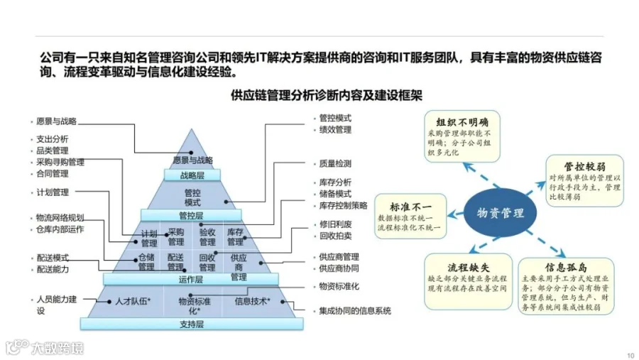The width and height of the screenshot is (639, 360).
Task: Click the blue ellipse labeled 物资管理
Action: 500,212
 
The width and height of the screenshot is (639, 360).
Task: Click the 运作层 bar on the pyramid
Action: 191,279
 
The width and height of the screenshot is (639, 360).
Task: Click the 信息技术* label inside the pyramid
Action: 251,302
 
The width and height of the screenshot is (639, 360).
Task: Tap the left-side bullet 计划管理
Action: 52,192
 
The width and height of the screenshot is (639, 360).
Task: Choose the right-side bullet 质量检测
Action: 335,163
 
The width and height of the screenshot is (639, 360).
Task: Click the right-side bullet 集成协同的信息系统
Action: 354,311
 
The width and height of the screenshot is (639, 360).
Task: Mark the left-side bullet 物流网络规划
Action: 60,217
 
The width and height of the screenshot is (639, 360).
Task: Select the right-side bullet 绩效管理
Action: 335,130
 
